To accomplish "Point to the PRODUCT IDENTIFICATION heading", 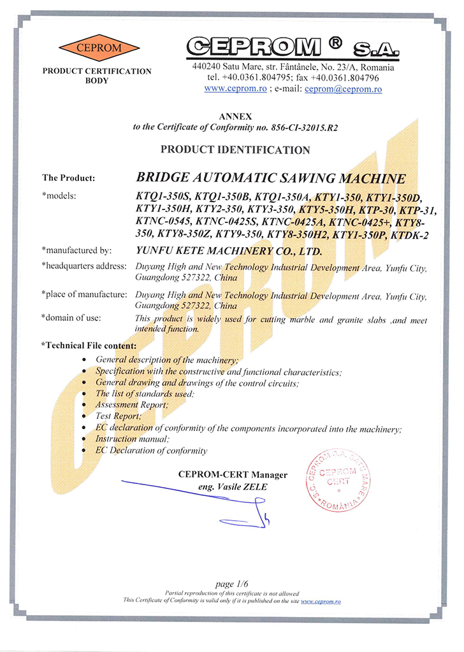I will tap(235, 150).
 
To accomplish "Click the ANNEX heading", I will tap(235, 117).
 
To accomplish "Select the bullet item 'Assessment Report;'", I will tap(132, 404).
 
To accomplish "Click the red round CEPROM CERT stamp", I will tap(340, 479).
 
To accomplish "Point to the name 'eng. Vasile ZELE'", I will tap(233, 487).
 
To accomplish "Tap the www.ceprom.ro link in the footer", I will tap(321, 600).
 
